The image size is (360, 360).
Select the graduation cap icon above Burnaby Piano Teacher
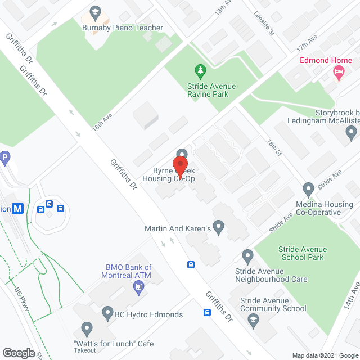pyautogui.click(x=94, y=12)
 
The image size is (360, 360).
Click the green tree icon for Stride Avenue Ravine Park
pyautogui.click(x=200, y=70)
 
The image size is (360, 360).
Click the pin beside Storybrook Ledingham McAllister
pyautogui.click(x=352, y=133)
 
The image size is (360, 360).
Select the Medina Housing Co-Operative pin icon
pyautogui.click(x=308, y=188)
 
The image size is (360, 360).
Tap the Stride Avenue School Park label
pyautogui.click(x=301, y=253)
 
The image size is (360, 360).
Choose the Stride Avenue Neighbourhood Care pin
pyautogui.click(x=247, y=256)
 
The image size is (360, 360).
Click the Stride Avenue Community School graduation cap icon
pyautogui.click(x=252, y=319)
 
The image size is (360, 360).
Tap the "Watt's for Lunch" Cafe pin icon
pyautogui.click(x=87, y=327)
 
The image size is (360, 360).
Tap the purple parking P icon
pyautogui.click(x=4, y=158)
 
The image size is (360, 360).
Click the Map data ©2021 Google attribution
pyautogui.click(x=325, y=355)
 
